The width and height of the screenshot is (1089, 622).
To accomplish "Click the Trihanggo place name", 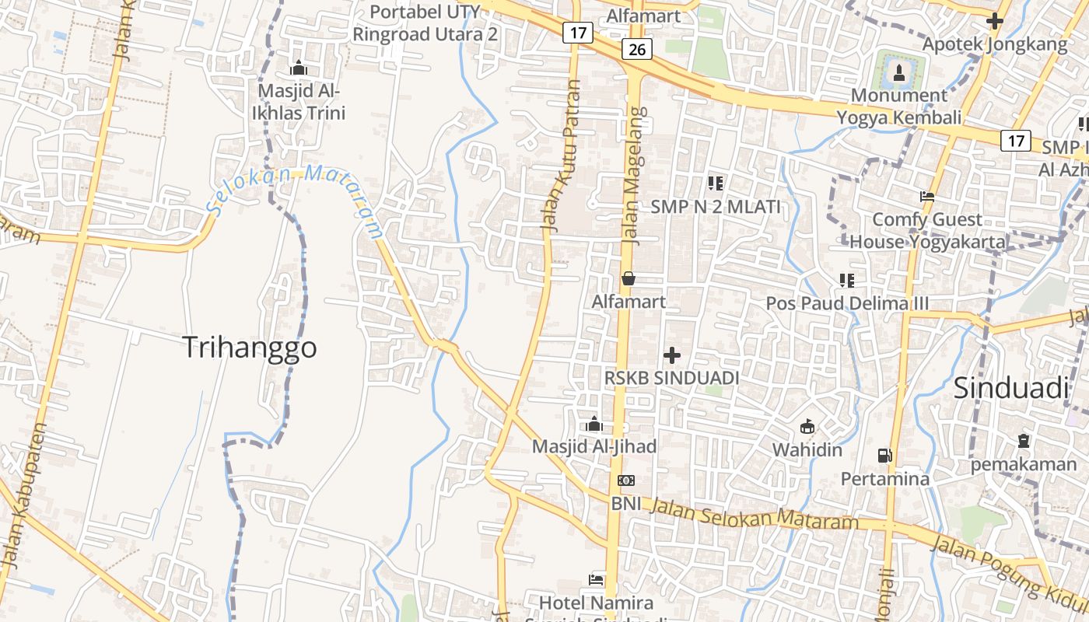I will [250, 348].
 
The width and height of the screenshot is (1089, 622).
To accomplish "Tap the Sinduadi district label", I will [1010, 387].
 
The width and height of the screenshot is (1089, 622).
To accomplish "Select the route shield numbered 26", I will [636, 50].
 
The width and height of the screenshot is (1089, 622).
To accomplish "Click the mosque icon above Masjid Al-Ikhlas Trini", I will [298, 68].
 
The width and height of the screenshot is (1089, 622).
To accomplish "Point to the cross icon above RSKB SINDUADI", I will [672, 355].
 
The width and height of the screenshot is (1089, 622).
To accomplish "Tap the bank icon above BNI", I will [626, 480].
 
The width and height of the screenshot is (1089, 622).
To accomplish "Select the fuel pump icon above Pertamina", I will [884, 456].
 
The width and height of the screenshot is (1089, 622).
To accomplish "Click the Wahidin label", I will [807, 449].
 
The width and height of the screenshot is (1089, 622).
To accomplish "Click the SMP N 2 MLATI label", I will [716, 207].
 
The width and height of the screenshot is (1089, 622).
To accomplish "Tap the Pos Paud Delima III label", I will [847, 303].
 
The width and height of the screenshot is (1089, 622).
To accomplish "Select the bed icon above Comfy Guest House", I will [926, 197].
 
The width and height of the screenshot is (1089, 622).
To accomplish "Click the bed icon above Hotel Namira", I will [596, 580].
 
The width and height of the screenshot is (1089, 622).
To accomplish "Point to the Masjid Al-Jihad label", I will [594, 446].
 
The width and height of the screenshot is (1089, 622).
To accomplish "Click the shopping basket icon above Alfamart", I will [628, 278].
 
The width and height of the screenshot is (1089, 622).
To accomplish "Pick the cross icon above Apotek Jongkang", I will [994, 22].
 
